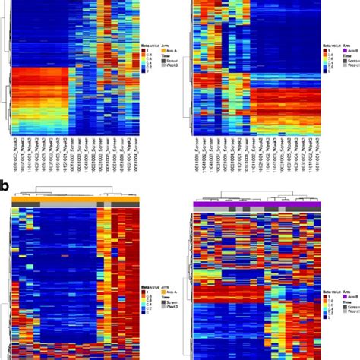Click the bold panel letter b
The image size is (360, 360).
(5, 185)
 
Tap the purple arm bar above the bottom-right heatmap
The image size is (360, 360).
(258, 204)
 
